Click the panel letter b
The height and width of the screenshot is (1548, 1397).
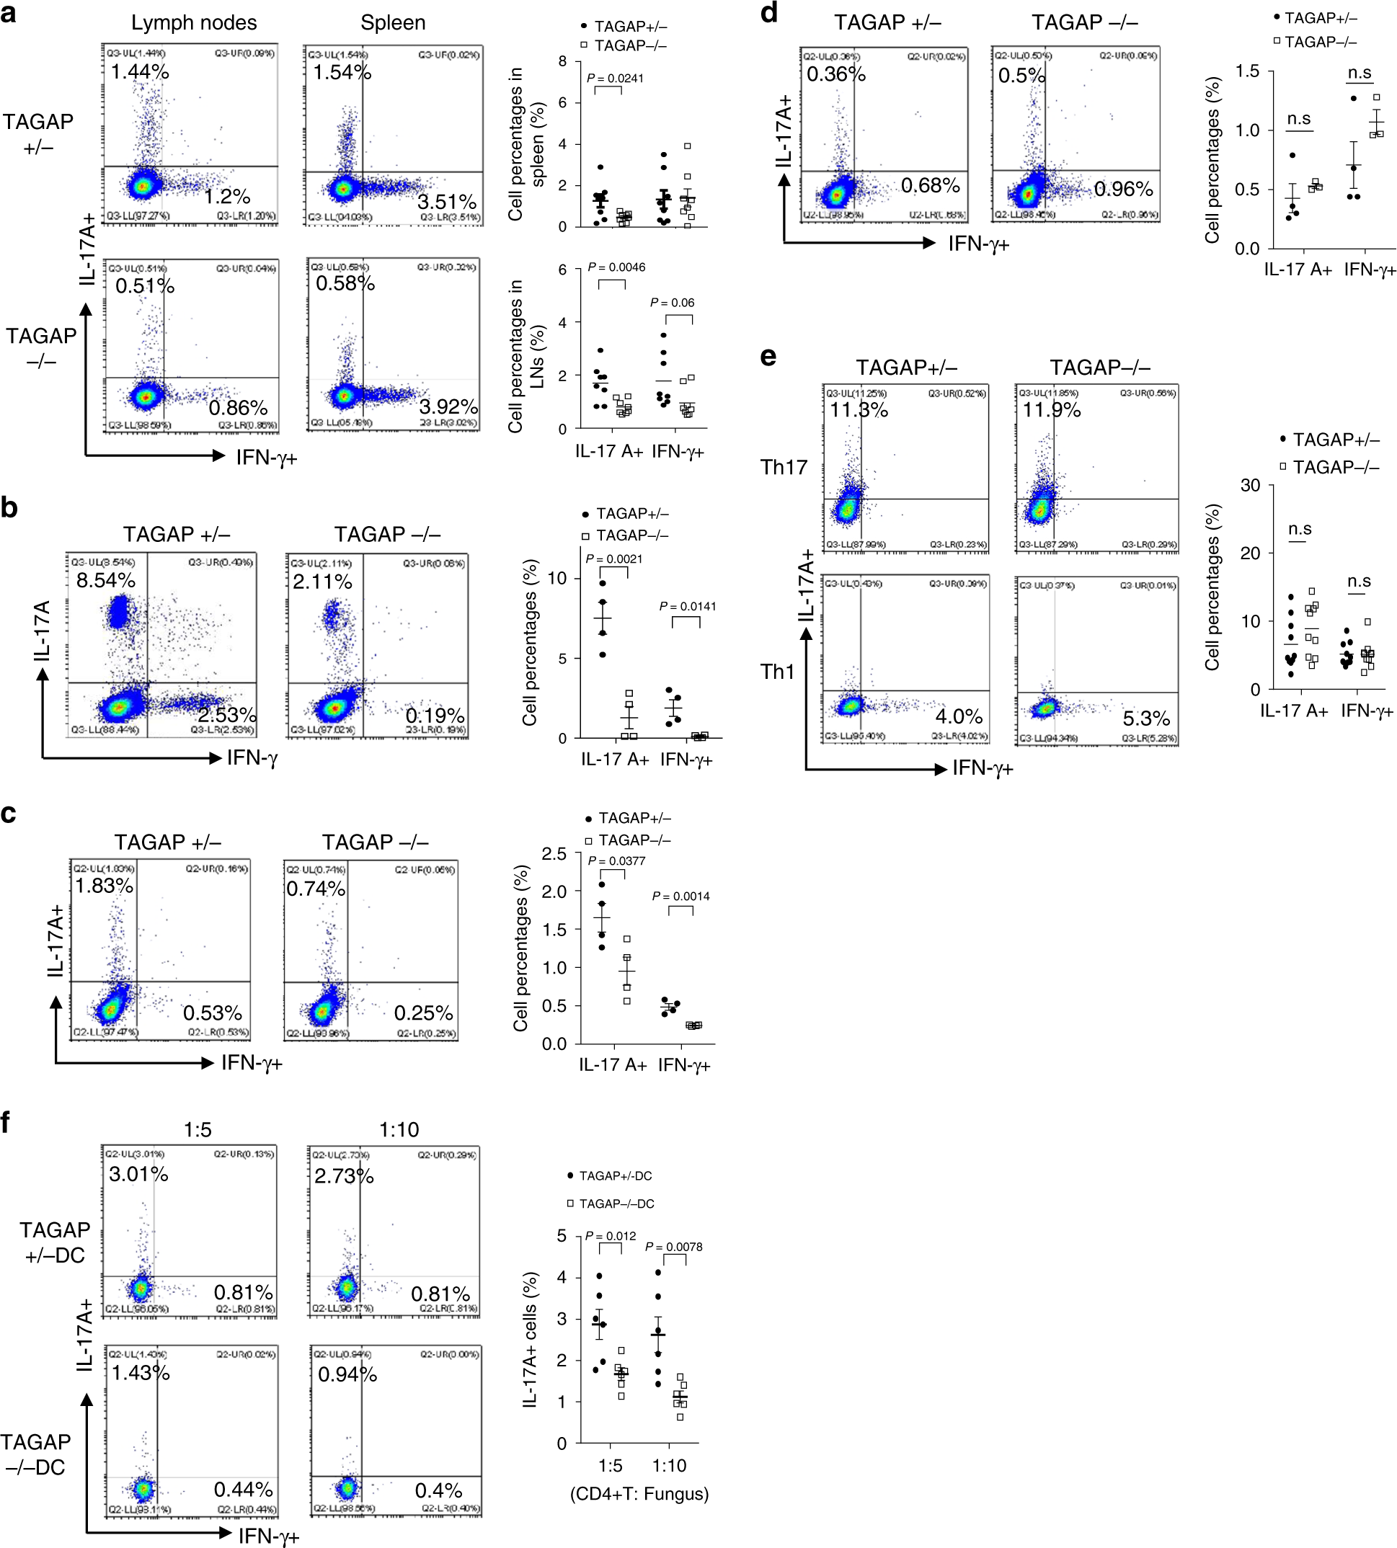pyautogui.click(x=9, y=508)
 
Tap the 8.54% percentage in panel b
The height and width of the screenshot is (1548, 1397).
pyautogui.click(x=105, y=580)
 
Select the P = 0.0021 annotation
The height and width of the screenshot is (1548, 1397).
pyautogui.click(x=614, y=559)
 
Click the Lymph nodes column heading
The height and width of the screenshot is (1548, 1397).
pyautogui.click(x=193, y=23)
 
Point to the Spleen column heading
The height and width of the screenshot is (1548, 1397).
pyautogui.click(x=393, y=23)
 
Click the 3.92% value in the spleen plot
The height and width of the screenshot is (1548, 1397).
pyautogui.click(x=448, y=406)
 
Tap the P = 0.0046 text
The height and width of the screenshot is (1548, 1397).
pyautogui.click(x=616, y=267)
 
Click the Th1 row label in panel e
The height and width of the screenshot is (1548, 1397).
pyautogui.click(x=777, y=672)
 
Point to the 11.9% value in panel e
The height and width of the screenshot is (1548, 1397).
pyautogui.click(x=1051, y=410)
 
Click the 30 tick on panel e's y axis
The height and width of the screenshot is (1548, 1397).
pyautogui.click(x=1251, y=485)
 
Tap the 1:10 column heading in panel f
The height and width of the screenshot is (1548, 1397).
pyautogui.click(x=399, y=1130)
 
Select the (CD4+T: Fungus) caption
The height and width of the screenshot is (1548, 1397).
pyautogui.click(x=639, y=1493)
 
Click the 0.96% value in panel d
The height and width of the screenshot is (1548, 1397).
pyautogui.click(x=1123, y=189)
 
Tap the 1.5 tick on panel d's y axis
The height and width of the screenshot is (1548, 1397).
pyautogui.click(x=1247, y=71)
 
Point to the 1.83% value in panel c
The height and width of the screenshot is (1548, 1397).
pyautogui.click(x=104, y=886)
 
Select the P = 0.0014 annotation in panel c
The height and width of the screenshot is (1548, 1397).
pyautogui.click(x=681, y=897)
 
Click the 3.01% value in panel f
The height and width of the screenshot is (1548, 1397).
pyautogui.click(x=138, y=1174)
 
